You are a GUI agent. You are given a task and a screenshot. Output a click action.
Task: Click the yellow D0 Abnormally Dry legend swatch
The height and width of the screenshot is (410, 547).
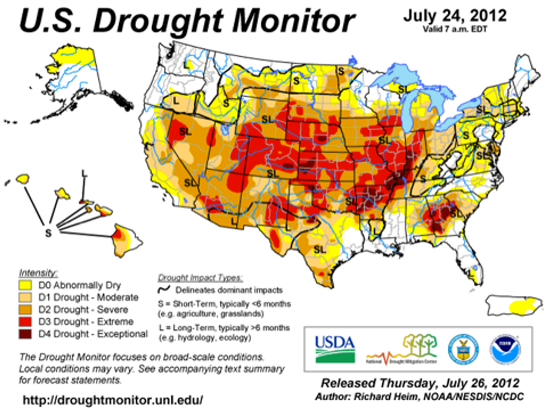click(26, 285)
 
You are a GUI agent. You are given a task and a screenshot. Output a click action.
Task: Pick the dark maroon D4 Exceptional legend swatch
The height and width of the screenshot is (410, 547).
click(26, 334)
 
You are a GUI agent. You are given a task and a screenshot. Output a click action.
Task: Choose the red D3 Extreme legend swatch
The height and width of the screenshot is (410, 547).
click(26, 322)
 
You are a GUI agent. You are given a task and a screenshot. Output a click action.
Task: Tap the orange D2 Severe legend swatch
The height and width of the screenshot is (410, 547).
click(26, 309)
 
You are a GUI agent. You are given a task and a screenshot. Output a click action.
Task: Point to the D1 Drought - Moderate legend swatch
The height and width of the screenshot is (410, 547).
click(26, 297)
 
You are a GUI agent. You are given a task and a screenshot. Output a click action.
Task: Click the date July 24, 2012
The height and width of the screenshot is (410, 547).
click(455, 16)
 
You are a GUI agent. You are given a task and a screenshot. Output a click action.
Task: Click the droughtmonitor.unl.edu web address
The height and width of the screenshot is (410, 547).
click(113, 400)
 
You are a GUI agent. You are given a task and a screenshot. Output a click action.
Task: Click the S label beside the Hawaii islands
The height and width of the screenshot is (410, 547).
click(48, 233)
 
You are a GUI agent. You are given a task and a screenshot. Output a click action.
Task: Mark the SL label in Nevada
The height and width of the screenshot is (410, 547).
click(185, 132)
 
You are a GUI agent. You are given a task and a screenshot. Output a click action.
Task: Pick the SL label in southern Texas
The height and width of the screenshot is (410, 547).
click(320, 249)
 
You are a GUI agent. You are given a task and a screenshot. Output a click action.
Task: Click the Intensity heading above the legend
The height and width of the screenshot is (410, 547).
click(38, 273)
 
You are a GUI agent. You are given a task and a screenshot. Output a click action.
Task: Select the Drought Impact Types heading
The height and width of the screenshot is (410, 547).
click(200, 278)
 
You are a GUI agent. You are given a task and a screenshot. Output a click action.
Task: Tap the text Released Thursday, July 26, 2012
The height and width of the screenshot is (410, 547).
click(420, 383)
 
